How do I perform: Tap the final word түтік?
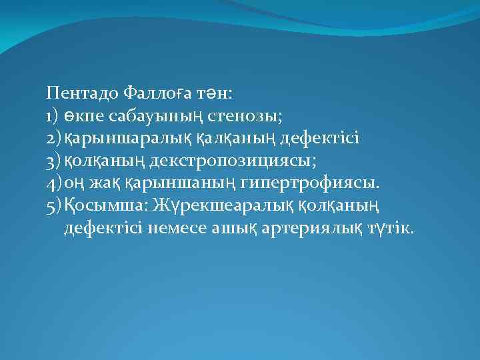click(390, 229)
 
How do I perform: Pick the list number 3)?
click(54, 161)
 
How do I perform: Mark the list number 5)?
click(54, 206)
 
